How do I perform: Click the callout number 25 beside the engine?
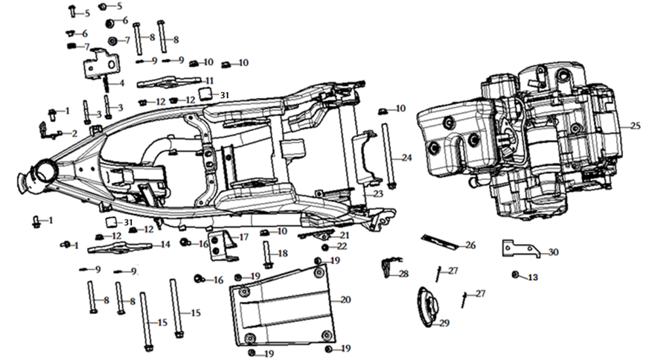635,126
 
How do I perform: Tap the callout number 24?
406,158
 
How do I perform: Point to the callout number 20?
345,300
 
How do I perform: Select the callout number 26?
470,245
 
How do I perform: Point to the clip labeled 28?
386,267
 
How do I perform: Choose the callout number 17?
243,237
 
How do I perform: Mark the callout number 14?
165,244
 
